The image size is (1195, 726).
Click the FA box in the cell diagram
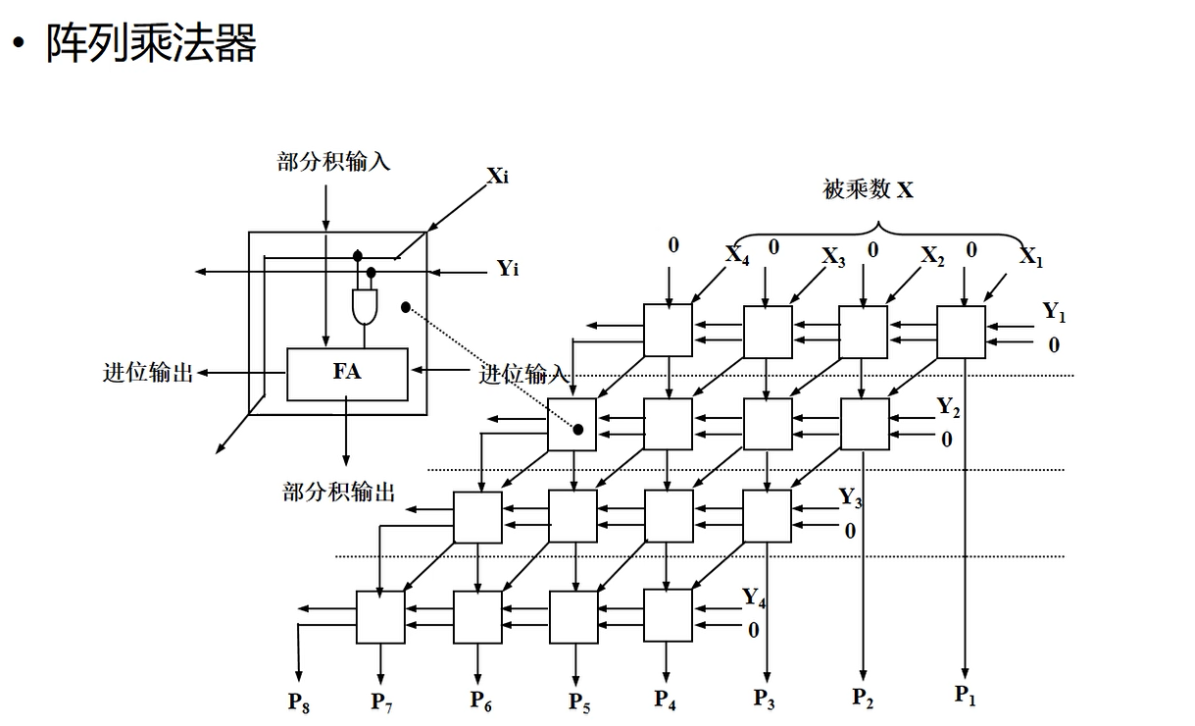click(347, 373)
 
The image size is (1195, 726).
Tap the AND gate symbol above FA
click(365, 307)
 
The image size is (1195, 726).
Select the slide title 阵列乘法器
click(150, 43)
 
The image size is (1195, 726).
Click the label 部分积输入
click(333, 161)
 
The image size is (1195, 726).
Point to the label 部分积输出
click(339, 492)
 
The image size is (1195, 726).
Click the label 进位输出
click(148, 373)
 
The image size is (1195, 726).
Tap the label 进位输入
click(523, 374)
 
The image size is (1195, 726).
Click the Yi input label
click(508, 268)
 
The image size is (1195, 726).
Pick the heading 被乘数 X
click(868, 189)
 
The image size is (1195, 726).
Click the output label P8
click(299, 701)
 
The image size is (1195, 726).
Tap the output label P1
click(966, 696)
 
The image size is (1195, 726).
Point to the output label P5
click(579, 701)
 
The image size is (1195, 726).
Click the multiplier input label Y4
click(753, 597)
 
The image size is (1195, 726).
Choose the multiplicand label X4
click(737, 254)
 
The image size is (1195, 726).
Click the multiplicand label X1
click(1031, 257)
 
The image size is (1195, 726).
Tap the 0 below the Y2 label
click(946, 440)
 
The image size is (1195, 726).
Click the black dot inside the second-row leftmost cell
click(578, 430)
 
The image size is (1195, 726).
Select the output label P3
click(765, 698)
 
